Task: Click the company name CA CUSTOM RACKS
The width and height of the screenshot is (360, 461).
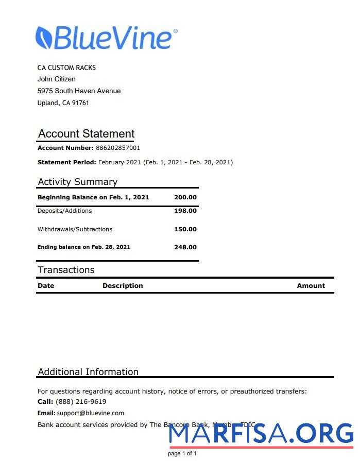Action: pyautogui.click(x=66, y=67)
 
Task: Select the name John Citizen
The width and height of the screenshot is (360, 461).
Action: pyautogui.click(x=57, y=79)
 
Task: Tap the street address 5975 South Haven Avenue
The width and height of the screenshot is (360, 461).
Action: pyautogui.click(x=79, y=91)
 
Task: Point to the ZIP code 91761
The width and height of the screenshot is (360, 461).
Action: pyautogui.click(x=80, y=103)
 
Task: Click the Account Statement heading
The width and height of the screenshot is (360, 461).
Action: pyautogui.click(x=86, y=133)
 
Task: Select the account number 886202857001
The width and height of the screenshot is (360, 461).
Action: pyautogui.click(x=118, y=148)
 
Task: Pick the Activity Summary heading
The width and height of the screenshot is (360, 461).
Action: pyautogui.click(x=77, y=182)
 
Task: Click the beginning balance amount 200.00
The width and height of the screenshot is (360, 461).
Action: pyautogui.click(x=185, y=197)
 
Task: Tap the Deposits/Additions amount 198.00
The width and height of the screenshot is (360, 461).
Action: pyautogui.click(x=185, y=211)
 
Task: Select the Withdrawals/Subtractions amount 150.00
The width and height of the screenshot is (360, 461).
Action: pyautogui.click(x=185, y=229)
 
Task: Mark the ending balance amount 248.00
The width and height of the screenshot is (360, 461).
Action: pyautogui.click(x=185, y=247)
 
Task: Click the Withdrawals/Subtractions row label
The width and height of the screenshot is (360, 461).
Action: pyautogui.click(x=75, y=229)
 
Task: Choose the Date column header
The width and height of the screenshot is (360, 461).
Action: pyautogui.click(x=46, y=285)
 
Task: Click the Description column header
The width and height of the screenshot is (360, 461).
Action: pyautogui.click(x=123, y=285)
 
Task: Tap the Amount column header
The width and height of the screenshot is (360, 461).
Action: pyautogui.click(x=311, y=285)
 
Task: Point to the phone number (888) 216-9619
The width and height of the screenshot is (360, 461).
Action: pyautogui.click(x=81, y=401)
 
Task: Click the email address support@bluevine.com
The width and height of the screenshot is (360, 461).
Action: pyautogui.click(x=90, y=413)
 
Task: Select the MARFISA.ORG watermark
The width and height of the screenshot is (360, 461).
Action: pyautogui.click(x=261, y=434)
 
